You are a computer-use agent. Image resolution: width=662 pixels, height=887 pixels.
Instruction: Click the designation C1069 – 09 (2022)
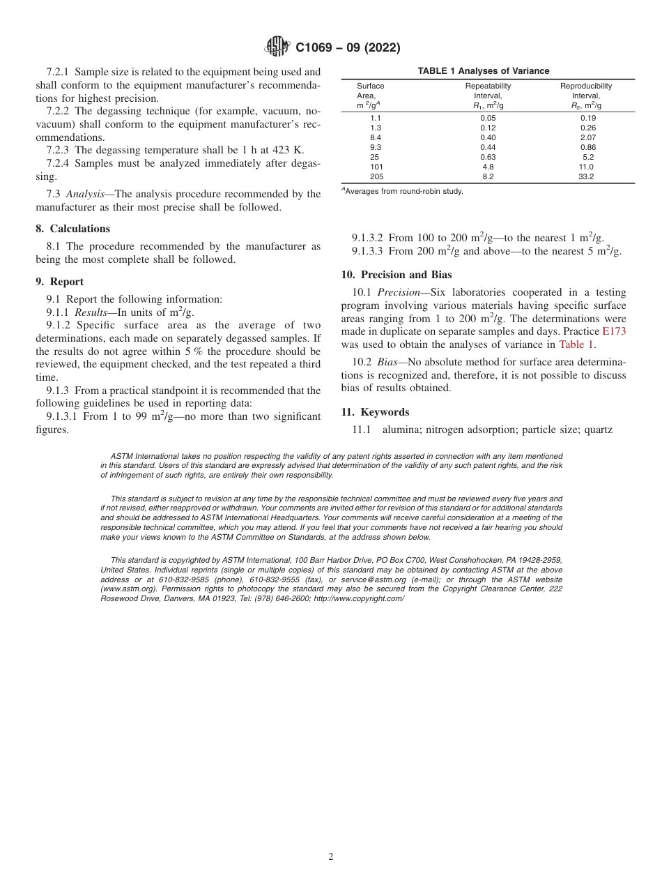point(348,48)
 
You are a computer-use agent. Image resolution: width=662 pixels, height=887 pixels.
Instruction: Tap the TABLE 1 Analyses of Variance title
point(483,71)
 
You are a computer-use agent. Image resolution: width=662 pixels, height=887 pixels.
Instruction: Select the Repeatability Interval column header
point(488,96)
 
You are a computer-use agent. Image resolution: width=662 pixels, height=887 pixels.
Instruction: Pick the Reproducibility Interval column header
point(586,96)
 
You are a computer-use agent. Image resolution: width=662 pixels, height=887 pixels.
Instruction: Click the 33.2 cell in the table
point(587,177)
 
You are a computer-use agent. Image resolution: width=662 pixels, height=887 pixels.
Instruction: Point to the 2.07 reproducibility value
point(587,137)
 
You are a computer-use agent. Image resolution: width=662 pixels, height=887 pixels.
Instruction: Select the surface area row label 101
point(376,167)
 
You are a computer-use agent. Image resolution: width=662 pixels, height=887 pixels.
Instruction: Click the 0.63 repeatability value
point(488,158)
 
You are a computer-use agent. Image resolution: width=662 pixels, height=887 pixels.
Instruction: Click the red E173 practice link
point(614,332)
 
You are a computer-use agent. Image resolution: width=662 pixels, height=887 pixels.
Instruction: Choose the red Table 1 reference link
point(576,344)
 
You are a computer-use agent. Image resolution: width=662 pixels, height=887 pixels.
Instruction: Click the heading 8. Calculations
point(72,229)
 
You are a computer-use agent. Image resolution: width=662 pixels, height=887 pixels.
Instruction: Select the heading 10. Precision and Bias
point(396,275)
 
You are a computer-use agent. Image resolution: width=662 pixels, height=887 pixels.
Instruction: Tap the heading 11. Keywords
point(375,412)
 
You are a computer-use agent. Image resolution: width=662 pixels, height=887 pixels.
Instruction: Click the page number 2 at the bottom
point(331,857)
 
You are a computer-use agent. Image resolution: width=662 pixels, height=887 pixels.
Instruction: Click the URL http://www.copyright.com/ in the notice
point(359,599)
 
